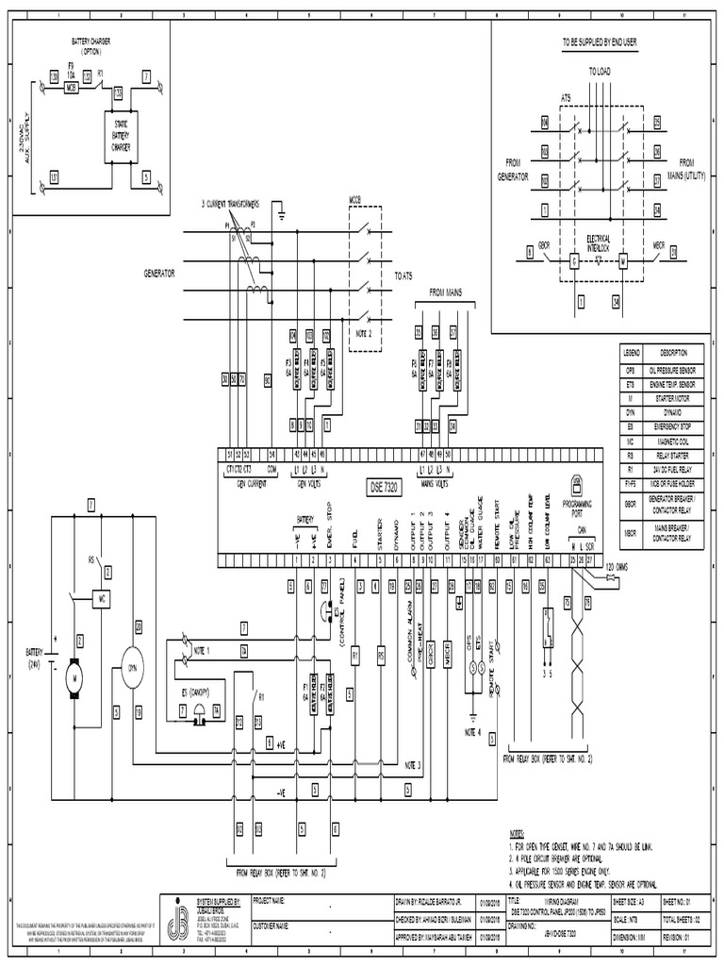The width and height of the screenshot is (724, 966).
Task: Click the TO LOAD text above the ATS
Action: tap(600, 71)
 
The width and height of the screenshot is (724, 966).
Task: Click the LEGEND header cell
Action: tap(632, 350)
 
